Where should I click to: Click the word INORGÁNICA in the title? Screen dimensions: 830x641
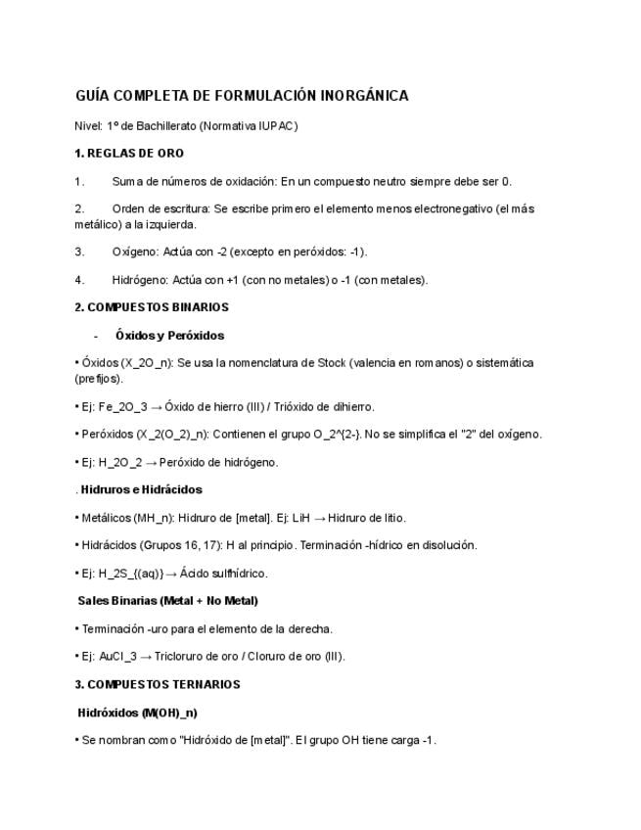tap(364, 96)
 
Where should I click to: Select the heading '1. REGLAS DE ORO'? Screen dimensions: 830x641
tap(129, 154)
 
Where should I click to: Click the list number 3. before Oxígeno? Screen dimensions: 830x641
tap(79, 252)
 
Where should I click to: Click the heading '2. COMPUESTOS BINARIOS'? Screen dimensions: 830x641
tap(152, 307)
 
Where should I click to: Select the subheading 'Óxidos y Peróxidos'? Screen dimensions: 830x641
tap(169, 336)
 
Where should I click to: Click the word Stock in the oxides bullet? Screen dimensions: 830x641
tap(331, 363)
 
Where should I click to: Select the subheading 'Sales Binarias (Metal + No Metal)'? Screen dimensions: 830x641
tap(167, 601)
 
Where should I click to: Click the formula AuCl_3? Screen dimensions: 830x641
tap(119, 657)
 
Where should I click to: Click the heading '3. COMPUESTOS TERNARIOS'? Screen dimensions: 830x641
tap(157, 684)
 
